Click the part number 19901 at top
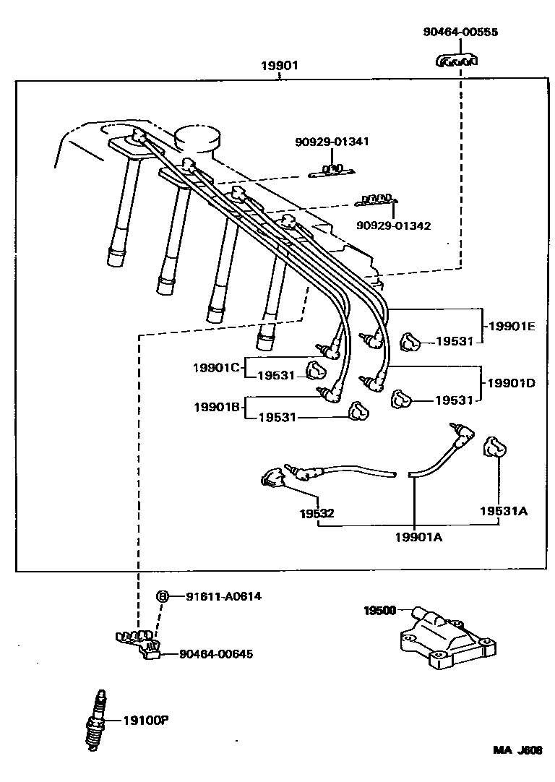point(279,66)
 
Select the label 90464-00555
point(460,33)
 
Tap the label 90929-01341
point(332,142)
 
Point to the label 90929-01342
point(393,225)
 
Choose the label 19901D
point(511,382)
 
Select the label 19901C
point(215,367)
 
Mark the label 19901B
point(216,407)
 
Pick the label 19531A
point(504,511)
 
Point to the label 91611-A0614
point(223,596)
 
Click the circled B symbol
point(163,596)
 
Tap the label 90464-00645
point(216,654)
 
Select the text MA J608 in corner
point(517,750)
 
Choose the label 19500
point(379,611)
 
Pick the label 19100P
point(146,720)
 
